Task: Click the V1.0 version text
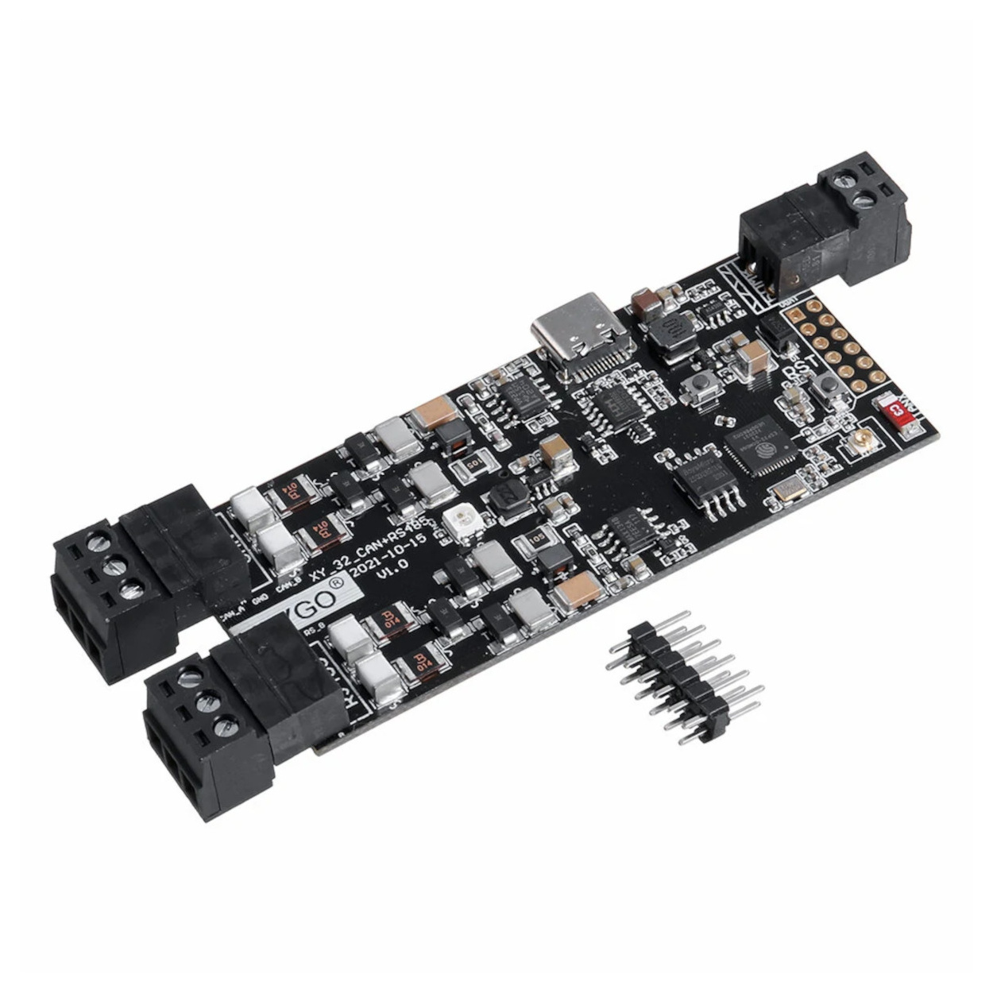click(x=392, y=570)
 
